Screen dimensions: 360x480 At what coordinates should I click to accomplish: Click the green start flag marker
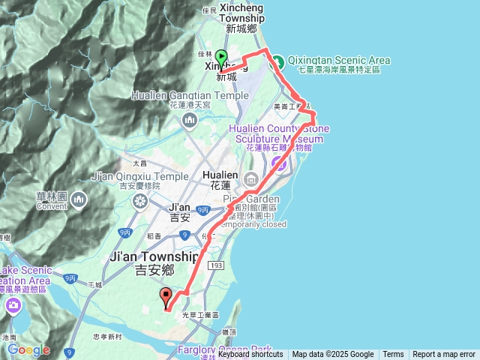coord(221,58)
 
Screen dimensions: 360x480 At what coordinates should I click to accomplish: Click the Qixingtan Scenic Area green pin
coord(276,60)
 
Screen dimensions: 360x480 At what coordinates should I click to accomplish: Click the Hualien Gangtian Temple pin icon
coord(190,121)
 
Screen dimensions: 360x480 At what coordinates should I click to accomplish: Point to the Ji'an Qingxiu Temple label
coord(139,176)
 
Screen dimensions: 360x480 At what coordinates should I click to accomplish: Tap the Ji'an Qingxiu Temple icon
coord(139,200)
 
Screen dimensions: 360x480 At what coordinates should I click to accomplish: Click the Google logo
coord(28,349)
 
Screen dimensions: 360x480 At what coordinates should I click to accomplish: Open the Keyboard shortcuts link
coord(250,355)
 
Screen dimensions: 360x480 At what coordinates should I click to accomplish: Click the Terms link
coord(393,355)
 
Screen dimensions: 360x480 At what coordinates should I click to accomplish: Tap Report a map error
coord(444,355)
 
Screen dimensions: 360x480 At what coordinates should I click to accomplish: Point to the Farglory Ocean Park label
coord(225,349)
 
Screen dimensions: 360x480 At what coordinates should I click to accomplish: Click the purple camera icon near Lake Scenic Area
coord(13,305)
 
